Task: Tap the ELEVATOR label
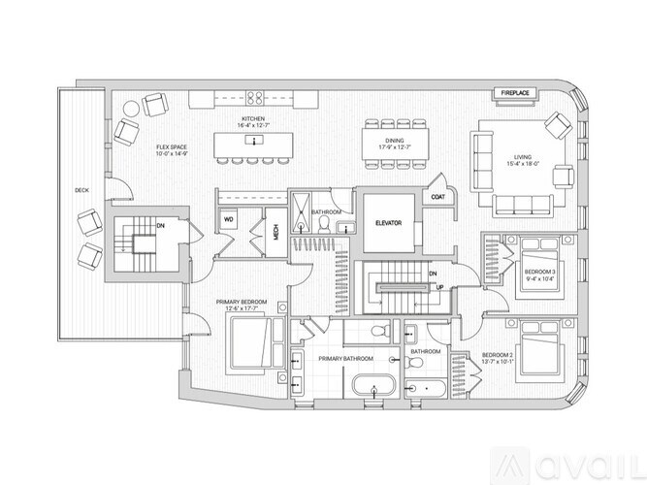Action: click(388, 223)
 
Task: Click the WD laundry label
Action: click(229, 219)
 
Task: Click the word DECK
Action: click(81, 191)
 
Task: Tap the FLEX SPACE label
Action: click(171, 148)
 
